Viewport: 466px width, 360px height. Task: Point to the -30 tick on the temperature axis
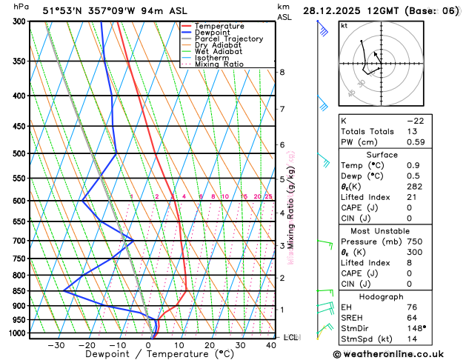tap(56, 344)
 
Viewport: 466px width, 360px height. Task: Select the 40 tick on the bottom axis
tap(271, 344)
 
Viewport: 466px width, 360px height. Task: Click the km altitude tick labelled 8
tap(282, 72)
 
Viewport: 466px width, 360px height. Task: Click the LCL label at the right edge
tap(290, 338)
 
